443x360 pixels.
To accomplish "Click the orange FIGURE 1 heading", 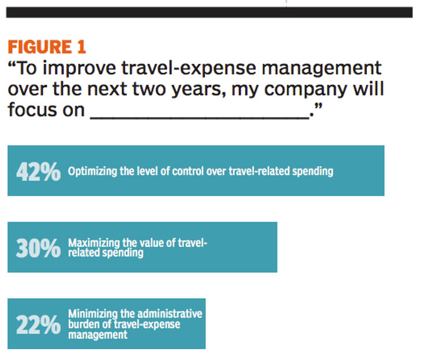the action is coord(47,47).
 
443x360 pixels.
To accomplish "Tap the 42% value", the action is coord(39,171).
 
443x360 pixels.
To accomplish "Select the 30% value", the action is coord(39,248).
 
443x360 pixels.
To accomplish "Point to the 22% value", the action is coord(39,325).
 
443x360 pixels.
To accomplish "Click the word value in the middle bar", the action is coord(153,243).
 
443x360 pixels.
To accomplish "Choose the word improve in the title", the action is coord(80,69).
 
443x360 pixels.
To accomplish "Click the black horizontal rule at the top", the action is coord(209,13).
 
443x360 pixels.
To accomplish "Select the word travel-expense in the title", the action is coord(189,69).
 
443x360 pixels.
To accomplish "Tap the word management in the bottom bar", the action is coord(97,335).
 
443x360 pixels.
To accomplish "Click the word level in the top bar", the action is coord(145,171).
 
